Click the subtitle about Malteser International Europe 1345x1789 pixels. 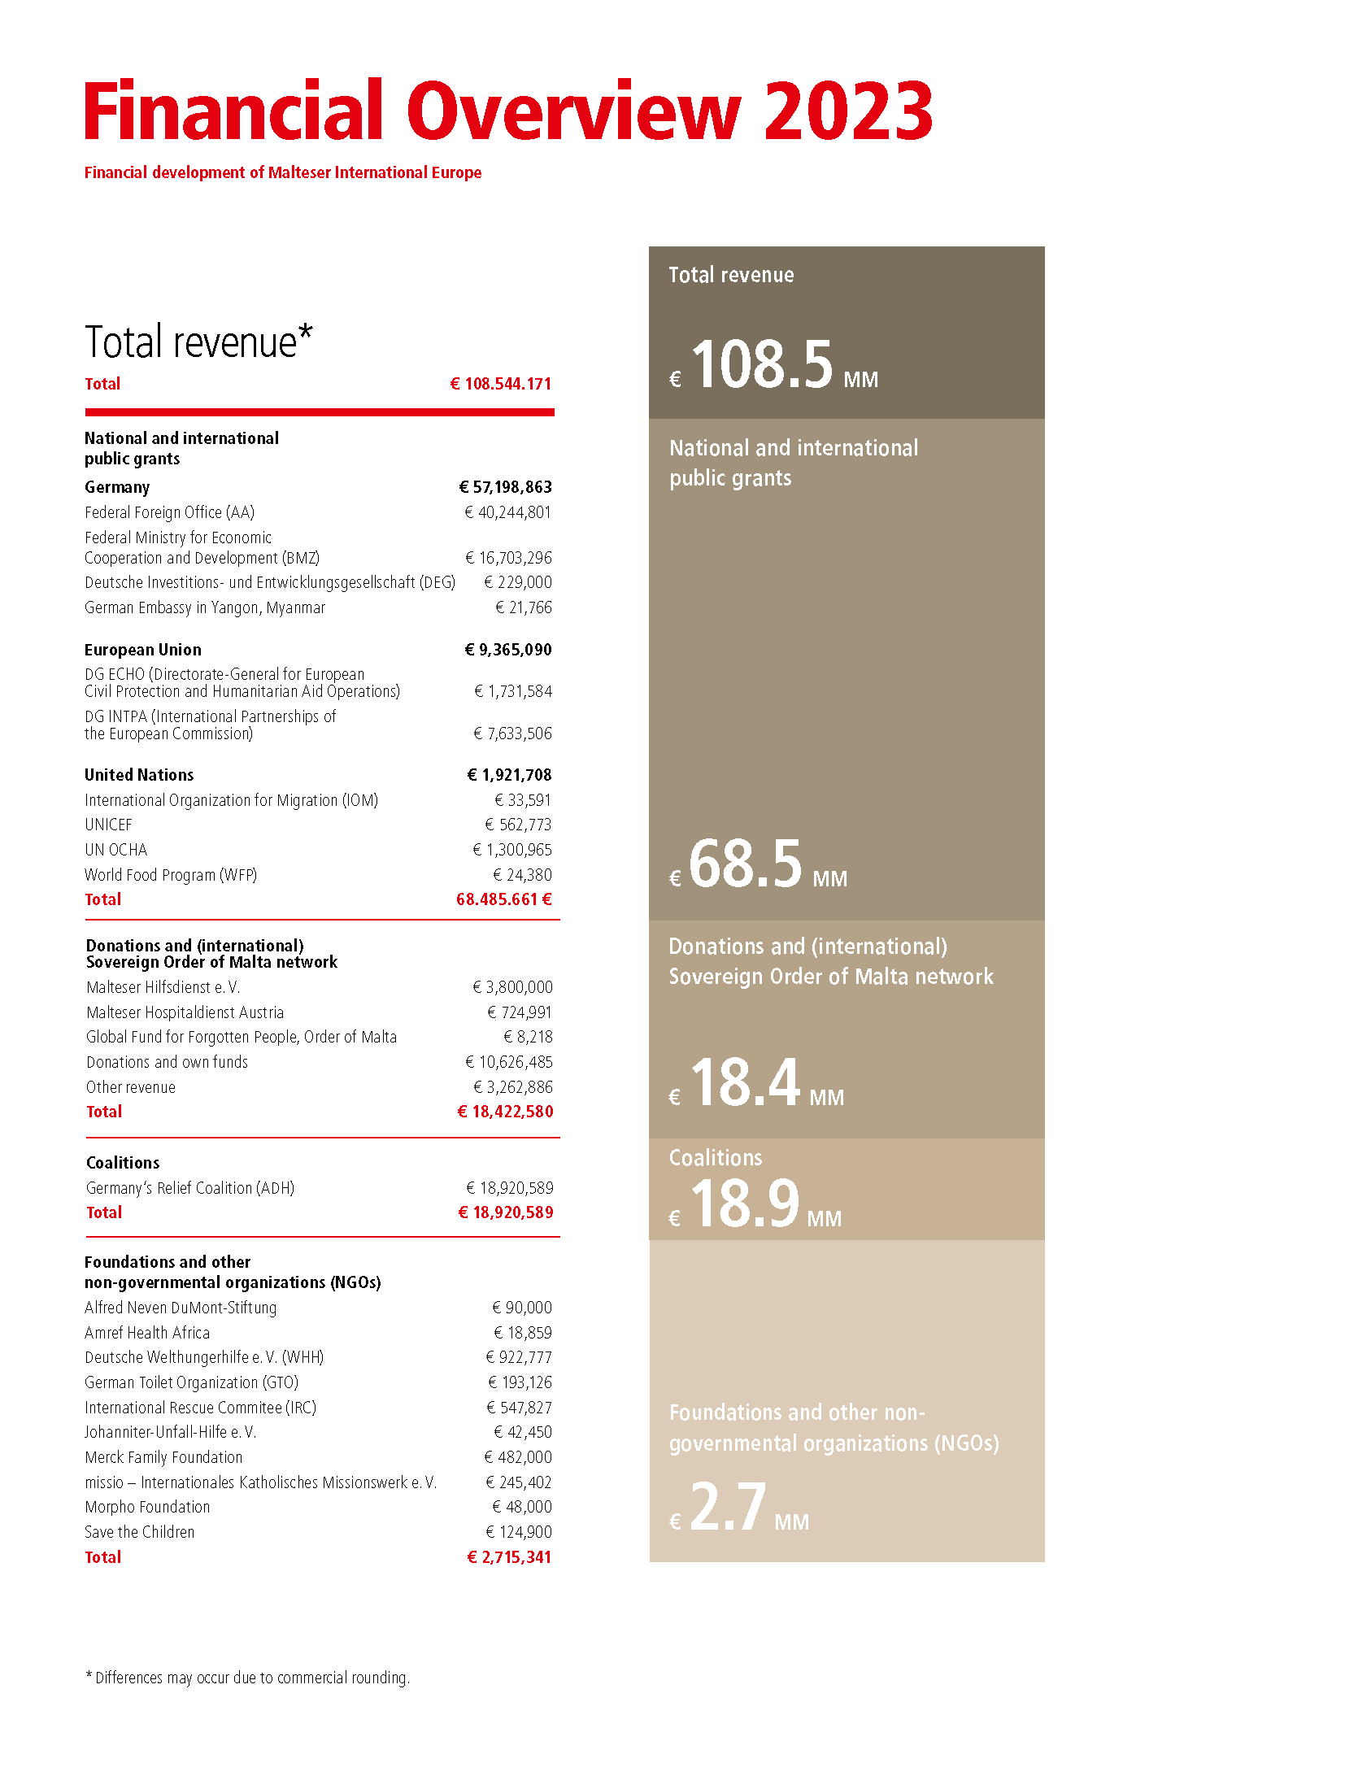[x=283, y=172]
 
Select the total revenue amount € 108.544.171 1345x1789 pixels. [x=500, y=384]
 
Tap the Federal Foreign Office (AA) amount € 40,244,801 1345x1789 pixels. [x=507, y=512]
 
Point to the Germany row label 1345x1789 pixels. [x=117, y=487]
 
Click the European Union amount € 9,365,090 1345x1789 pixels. [x=507, y=650]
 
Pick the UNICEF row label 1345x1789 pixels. [x=108, y=825]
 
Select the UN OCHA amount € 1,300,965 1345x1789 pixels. [x=511, y=850]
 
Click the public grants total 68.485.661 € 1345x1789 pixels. [x=503, y=899]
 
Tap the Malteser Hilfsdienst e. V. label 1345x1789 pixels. [x=163, y=987]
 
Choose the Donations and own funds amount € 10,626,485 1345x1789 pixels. [x=508, y=1062]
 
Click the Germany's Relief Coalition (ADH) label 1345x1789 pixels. [x=190, y=1188]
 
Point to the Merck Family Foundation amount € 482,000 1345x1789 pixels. [x=517, y=1457]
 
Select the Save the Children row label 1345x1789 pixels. [x=140, y=1532]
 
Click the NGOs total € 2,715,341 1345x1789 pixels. [x=509, y=1557]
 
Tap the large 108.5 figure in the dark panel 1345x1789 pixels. [x=762, y=363]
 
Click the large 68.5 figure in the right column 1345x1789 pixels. [x=746, y=864]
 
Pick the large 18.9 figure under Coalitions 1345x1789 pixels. [x=745, y=1203]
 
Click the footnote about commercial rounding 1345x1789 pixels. [x=247, y=1678]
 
